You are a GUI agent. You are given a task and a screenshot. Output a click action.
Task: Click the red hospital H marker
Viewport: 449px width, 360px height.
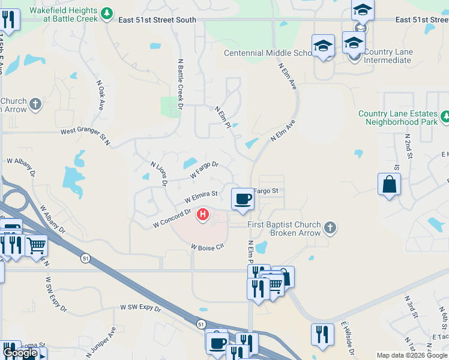(203, 214)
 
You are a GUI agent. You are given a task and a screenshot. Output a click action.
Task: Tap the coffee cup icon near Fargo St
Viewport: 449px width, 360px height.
(243, 199)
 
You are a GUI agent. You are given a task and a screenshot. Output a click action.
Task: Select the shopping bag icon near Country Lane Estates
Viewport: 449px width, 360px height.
(389, 184)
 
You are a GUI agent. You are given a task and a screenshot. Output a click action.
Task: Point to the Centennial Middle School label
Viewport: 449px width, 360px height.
(268, 53)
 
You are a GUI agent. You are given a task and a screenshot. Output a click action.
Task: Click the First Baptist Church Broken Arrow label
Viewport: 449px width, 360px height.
(285, 229)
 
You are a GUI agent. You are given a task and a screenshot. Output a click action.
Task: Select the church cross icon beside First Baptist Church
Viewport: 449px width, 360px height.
(330, 228)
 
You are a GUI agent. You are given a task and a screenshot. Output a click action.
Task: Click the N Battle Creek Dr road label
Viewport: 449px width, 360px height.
(179, 83)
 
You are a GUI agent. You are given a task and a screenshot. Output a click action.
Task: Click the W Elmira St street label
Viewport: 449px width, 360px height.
(200, 196)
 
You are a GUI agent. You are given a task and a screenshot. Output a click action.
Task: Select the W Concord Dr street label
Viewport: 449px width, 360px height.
(172, 217)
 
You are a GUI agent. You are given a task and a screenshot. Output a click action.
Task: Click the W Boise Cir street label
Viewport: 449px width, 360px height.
(207, 247)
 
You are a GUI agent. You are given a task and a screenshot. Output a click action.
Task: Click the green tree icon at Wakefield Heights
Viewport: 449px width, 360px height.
(107, 13)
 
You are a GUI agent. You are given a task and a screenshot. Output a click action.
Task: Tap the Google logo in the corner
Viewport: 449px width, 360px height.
(20, 353)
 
